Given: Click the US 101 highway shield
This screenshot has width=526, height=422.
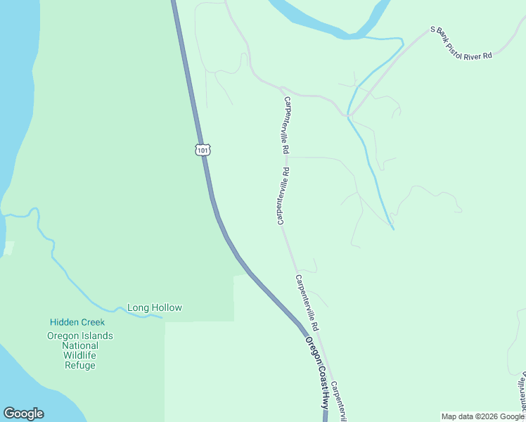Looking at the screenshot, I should [203, 150].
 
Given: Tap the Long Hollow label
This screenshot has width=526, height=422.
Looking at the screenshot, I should [154, 307].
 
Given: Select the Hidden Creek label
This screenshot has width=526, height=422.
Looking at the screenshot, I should [77, 322].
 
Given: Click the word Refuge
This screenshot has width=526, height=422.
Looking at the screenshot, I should [79, 365].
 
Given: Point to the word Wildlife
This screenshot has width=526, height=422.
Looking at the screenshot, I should [79, 355].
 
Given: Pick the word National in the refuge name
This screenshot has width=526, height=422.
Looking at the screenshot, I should [80, 345].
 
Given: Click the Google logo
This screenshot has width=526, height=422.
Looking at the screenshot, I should [23, 414].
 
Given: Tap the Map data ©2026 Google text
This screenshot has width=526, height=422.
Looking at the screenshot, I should [482, 416].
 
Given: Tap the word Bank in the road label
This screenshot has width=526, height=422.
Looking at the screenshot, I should [444, 35].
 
